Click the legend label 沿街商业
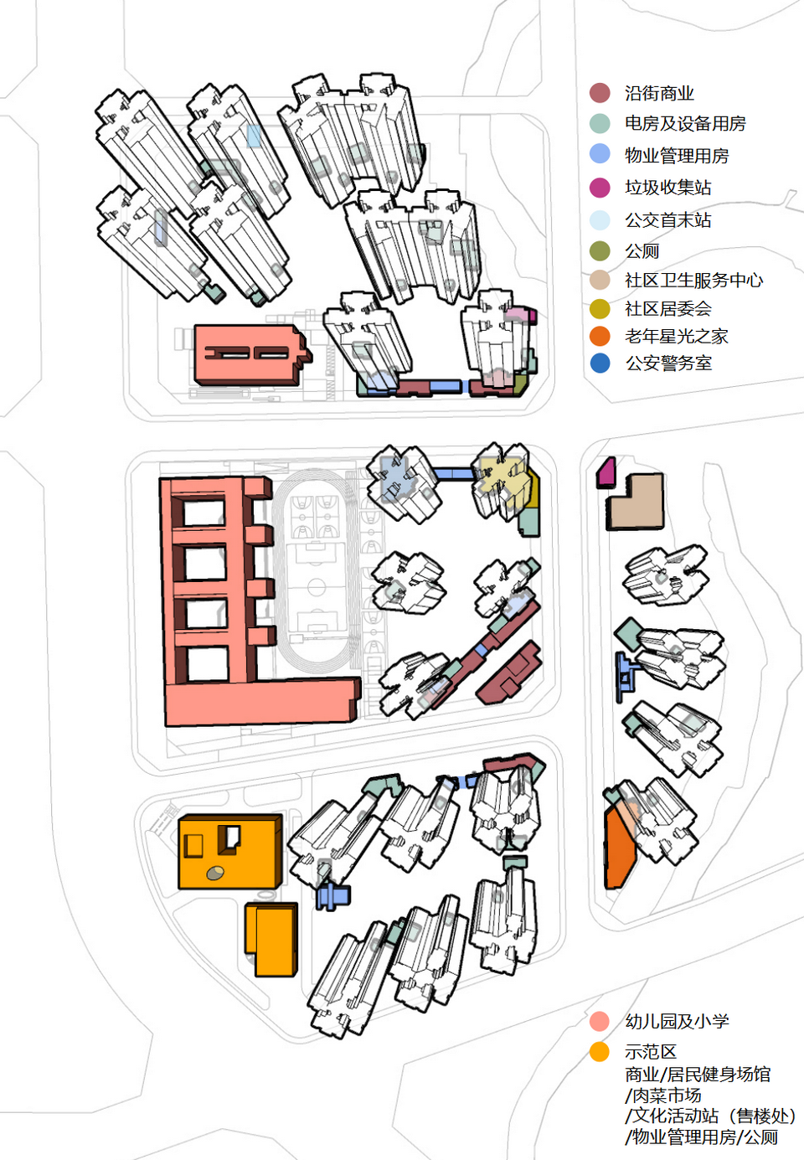tap(659, 93)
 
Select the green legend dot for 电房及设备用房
tap(600, 123)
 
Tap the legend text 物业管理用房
tap(677, 156)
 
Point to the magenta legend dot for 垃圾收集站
tap(600, 187)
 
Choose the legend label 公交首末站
tap(667, 220)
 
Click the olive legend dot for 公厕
tap(600, 251)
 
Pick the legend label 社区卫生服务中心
tap(693, 281)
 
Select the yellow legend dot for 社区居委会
tap(600, 309)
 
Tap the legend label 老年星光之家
tap(676, 337)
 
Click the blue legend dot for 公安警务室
tap(600, 363)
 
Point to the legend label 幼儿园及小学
tap(677, 1022)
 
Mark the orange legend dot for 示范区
tap(600, 1052)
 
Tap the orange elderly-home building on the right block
tap(619, 846)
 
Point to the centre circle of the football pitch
tap(317, 586)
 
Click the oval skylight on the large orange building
tap(215, 873)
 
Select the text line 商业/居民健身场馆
tap(697, 1075)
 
